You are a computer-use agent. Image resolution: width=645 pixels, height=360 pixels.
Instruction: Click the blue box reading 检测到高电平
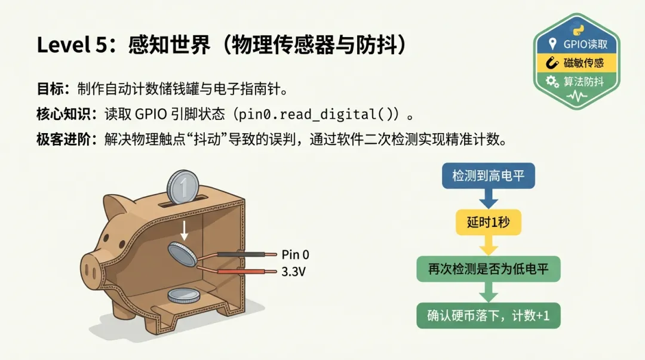488,176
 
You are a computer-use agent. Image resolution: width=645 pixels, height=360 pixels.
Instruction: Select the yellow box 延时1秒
488,223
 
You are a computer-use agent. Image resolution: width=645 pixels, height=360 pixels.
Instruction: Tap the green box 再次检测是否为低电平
488,269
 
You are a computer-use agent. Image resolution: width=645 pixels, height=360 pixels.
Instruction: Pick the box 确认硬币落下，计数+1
488,316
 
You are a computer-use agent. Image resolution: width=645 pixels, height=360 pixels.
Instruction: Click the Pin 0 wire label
295,256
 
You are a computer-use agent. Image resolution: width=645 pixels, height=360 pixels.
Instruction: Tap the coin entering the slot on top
182,187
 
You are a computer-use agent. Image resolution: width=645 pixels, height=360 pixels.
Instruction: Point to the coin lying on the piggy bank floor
184,295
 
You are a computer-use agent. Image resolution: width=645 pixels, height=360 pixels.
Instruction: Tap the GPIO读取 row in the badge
577,44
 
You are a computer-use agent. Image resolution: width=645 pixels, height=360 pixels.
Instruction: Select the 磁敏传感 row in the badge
577,63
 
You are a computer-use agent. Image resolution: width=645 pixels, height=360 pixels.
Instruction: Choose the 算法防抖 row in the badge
577,81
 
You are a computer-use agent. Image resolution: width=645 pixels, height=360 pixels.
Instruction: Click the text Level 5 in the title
66,45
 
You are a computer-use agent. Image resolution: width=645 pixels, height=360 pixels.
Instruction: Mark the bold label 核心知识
54,113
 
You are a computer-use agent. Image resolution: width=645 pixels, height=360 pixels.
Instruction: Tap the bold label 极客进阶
54,140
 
